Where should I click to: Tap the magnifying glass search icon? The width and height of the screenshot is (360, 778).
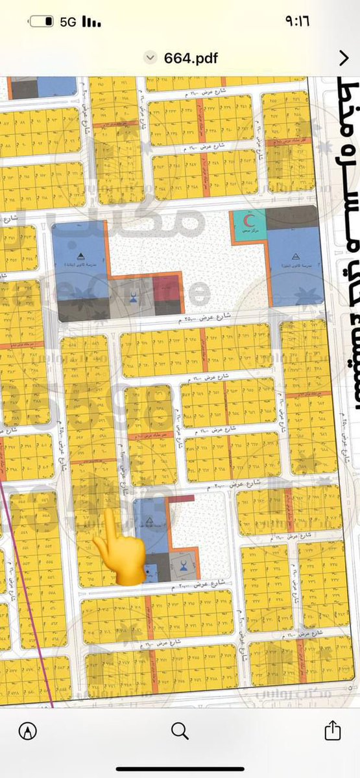coord(180,731)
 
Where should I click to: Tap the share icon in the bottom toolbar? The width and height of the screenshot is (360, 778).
coord(331,731)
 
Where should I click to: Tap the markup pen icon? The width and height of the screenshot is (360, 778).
coord(28,731)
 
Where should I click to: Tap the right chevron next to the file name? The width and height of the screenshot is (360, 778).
coord(344,58)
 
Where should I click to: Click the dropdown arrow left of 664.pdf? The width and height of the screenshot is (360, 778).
coord(152,58)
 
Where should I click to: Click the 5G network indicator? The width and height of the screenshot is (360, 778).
coord(67,21)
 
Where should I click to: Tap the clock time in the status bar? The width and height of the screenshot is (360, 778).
coord(296,21)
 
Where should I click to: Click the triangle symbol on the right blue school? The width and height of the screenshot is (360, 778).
coord(296,257)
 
